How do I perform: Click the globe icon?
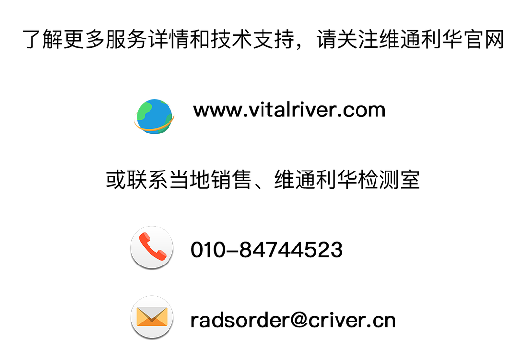click(154, 117)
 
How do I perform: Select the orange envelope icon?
click(152, 317)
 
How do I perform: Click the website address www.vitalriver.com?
click(289, 110)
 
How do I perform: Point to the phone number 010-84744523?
click(267, 249)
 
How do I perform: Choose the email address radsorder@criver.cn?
click(293, 320)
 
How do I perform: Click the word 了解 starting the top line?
click(42, 39)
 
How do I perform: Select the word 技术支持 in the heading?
click(253, 39)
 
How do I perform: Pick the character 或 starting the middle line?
click(116, 179)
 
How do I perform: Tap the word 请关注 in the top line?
click(347, 39)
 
